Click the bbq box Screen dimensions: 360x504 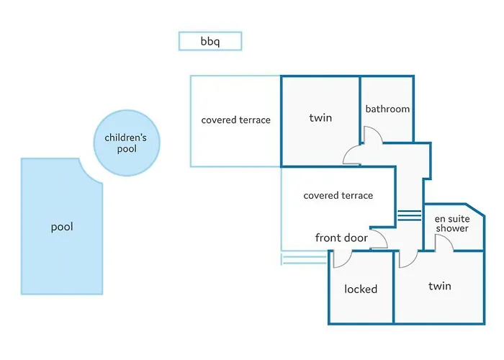tap(210, 41)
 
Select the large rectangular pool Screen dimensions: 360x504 tap(61, 227)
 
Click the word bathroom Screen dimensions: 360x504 tap(387, 109)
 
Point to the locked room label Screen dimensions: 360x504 tap(361, 289)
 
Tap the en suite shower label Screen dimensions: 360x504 tap(451, 223)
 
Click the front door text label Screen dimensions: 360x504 tap(341, 238)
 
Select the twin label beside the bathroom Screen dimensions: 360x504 tap(320, 117)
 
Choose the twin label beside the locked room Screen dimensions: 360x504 tap(439, 286)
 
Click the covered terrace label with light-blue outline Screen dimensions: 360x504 tap(235, 120)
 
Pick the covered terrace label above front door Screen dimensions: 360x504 tap(338, 195)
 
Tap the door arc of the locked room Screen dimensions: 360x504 tap(340, 258)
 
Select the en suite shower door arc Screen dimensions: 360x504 tap(443, 244)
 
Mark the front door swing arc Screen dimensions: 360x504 tap(379, 240)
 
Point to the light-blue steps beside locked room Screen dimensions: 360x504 tap(304, 258)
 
